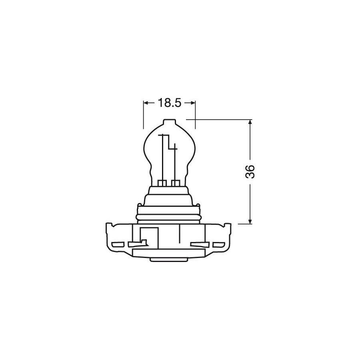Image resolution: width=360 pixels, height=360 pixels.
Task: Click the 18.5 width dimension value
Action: [x=170, y=103]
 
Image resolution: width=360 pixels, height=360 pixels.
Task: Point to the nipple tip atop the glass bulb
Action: [x=170, y=121]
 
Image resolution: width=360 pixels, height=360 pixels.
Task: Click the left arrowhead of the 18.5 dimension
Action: [x=146, y=103]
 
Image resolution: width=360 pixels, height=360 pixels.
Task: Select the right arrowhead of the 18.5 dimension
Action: [x=193, y=103]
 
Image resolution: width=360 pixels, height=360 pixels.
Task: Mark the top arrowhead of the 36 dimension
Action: [x=250, y=122]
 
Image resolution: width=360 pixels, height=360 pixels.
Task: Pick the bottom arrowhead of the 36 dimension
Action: [x=250, y=221]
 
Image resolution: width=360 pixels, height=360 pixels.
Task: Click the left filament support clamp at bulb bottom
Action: [x=162, y=183]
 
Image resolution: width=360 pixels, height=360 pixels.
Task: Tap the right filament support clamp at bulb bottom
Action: [x=176, y=183]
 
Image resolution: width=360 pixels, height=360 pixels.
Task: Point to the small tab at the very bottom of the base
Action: [x=169, y=260]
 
